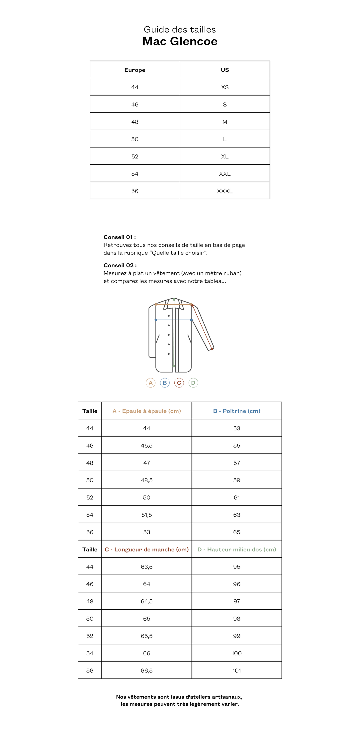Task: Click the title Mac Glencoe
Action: click(180, 41)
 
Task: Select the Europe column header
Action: click(135, 70)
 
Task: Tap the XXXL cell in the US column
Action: click(225, 191)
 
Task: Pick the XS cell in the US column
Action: click(225, 87)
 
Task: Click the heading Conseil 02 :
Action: click(120, 265)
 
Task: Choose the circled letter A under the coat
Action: click(151, 383)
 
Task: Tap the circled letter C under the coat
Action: click(179, 383)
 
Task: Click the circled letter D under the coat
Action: click(193, 383)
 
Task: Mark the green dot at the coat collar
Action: click(174, 299)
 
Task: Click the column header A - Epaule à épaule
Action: click(147, 411)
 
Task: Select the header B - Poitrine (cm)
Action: click(237, 411)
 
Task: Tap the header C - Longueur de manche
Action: click(147, 549)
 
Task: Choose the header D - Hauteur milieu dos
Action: click(237, 549)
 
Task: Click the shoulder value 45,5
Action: click(147, 446)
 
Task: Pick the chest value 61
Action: click(237, 497)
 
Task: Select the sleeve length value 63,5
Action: click(147, 567)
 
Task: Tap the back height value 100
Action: click(237, 653)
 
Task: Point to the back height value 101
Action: click(237, 670)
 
